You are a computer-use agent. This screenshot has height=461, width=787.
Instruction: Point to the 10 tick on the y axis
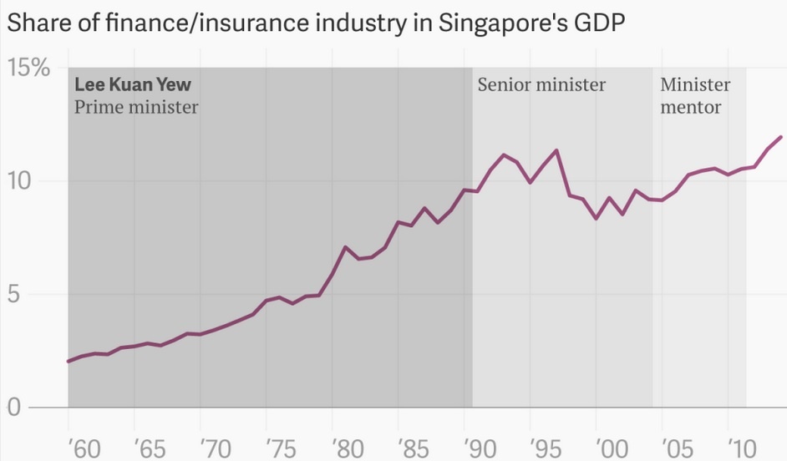(23, 181)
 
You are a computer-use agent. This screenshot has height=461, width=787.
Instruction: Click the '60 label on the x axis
(82, 448)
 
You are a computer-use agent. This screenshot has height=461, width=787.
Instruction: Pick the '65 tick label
(147, 448)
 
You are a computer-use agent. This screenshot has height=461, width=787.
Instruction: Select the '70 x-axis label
(214, 448)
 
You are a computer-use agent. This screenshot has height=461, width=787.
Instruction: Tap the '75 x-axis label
(280, 448)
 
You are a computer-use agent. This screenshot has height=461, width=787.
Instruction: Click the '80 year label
(346, 448)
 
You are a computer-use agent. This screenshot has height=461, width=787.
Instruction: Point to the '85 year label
(412, 448)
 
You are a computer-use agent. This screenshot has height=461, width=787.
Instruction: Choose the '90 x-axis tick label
(478, 448)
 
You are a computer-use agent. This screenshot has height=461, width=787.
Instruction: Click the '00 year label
(610, 448)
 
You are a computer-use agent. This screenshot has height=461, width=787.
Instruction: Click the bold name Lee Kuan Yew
(133, 85)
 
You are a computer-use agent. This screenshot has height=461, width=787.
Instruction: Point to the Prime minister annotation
(136, 107)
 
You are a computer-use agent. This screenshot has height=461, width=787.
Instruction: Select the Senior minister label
(541, 85)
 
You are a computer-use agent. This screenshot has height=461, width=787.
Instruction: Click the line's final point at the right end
(781, 137)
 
